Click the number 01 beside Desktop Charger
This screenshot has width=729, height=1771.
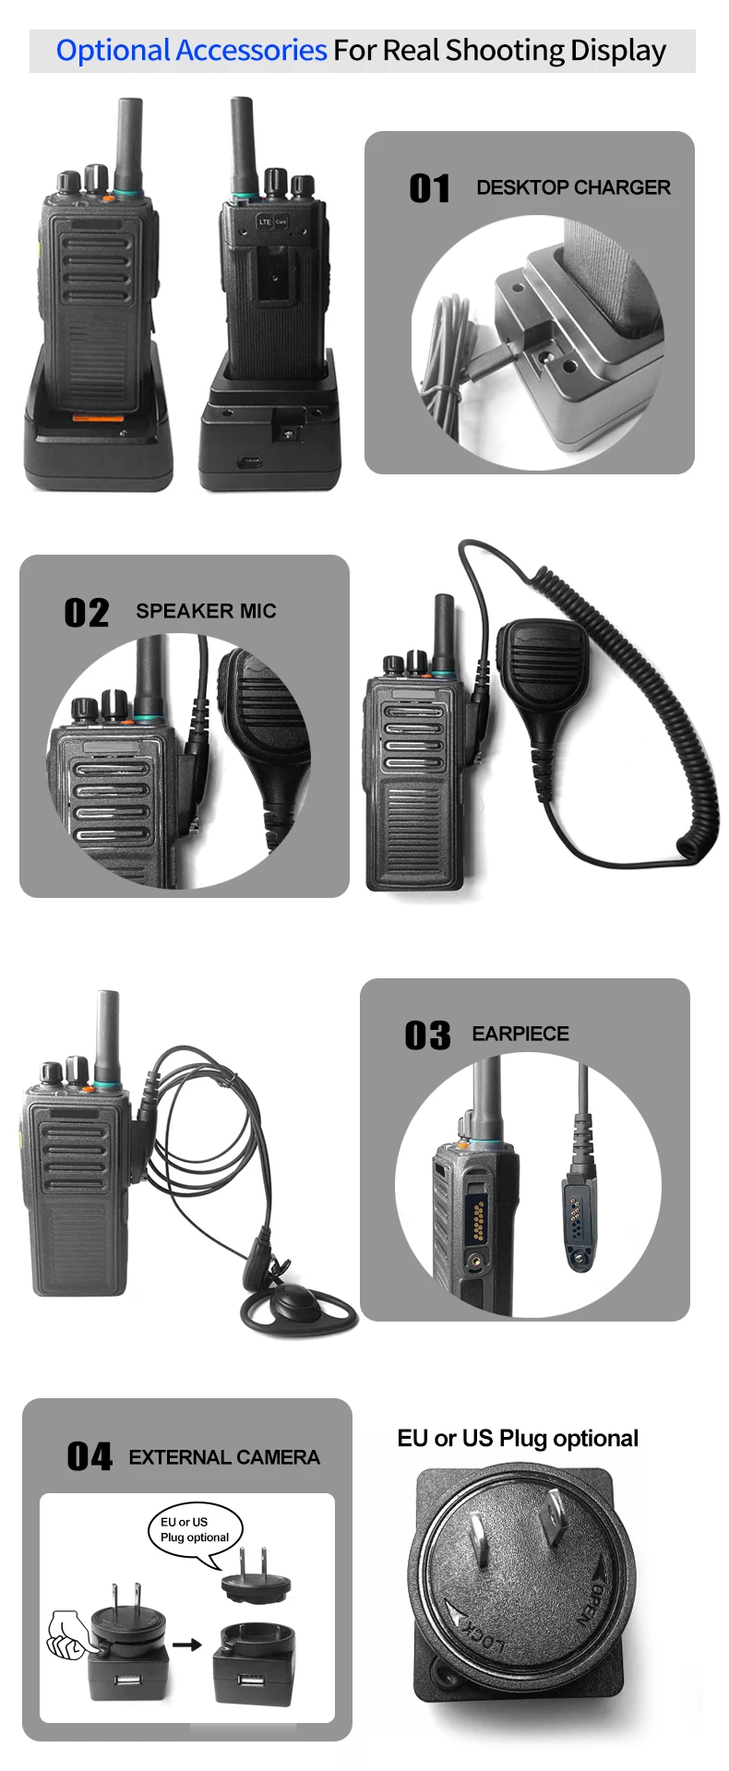click(429, 188)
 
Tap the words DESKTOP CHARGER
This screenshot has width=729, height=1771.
click(573, 187)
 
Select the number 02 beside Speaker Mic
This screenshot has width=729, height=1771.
click(87, 613)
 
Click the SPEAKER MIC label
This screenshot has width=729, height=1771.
click(206, 611)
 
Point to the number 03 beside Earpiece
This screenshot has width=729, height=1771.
click(427, 1035)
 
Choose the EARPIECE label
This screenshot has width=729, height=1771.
click(520, 1034)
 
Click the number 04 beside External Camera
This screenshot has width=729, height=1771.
click(90, 1457)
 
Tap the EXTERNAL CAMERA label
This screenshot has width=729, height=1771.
click(224, 1457)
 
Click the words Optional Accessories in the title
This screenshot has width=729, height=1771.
click(192, 50)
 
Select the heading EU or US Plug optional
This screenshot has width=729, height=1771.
click(518, 1438)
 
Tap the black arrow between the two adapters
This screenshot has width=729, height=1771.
click(187, 1644)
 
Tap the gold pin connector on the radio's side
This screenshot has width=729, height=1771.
click(477, 1219)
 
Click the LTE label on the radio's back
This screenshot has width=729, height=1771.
click(266, 221)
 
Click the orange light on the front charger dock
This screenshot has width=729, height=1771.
click(99, 418)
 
